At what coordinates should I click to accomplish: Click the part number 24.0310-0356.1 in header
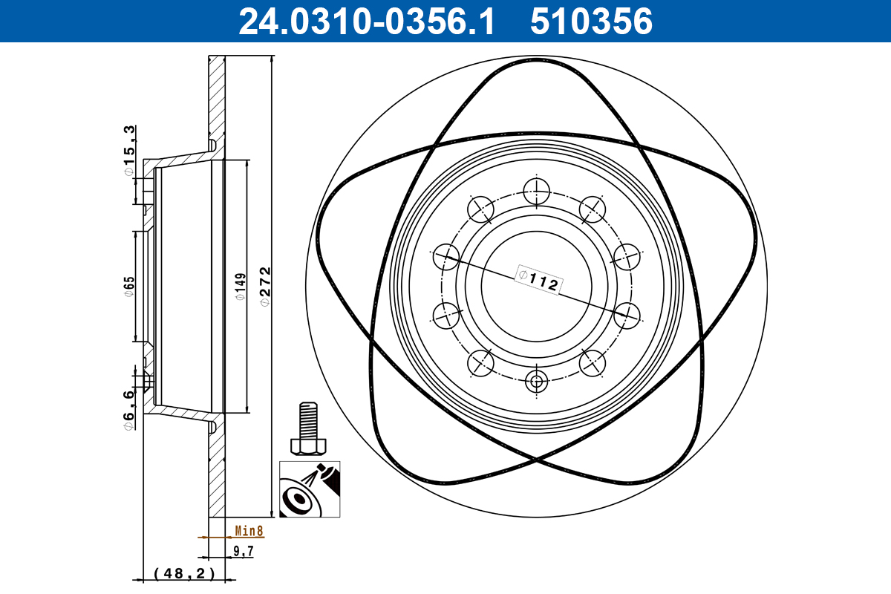click(365, 22)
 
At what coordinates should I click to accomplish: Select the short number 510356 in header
click(591, 22)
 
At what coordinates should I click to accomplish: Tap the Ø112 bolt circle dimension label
click(537, 280)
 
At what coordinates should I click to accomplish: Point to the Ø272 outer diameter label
click(265, 286)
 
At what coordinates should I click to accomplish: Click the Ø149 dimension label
click(240, 286)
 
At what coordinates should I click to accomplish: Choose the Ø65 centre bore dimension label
click(128, 286)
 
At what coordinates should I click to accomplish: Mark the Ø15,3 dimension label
click(129, 151)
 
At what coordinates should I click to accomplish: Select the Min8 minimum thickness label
click(249, 531)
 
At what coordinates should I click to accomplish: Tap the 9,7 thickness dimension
click(244, 552)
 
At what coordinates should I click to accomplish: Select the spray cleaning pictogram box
click(310, 489)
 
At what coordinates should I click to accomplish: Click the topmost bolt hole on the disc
click(536, 191)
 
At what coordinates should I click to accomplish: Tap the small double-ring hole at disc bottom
click(536, 382)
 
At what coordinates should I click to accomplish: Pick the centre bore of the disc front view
click(536, 286)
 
